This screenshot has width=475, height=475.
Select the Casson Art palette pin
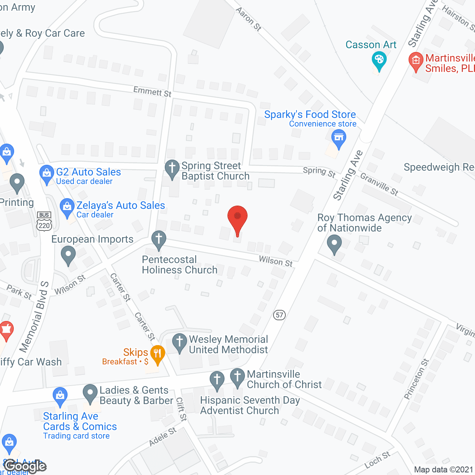click(x=379, y=60)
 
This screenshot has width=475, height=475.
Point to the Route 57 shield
click(x=279, y=315)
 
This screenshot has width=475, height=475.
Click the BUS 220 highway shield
click(x=44, y=222)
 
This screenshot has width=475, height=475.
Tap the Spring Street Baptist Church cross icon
click(x=172, y=168)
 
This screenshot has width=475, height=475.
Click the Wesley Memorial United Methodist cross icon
click(x=180, y=342)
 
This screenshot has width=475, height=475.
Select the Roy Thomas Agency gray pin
click(x=334, y=245)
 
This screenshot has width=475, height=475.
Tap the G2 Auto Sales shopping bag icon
click(x=47, y=174)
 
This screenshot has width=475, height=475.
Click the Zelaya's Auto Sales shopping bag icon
click(x=67, y=207)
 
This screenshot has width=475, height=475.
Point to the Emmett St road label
click(x=153, y=91)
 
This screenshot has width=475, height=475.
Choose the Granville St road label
click(x=379, y=184)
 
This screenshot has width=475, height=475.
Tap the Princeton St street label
click(x=416, y=379)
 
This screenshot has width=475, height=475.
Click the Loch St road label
click(x=377, y=460)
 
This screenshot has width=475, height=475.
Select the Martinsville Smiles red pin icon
click(x=416, y=61)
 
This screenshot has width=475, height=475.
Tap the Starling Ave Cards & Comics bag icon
click(x=60, y=396)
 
